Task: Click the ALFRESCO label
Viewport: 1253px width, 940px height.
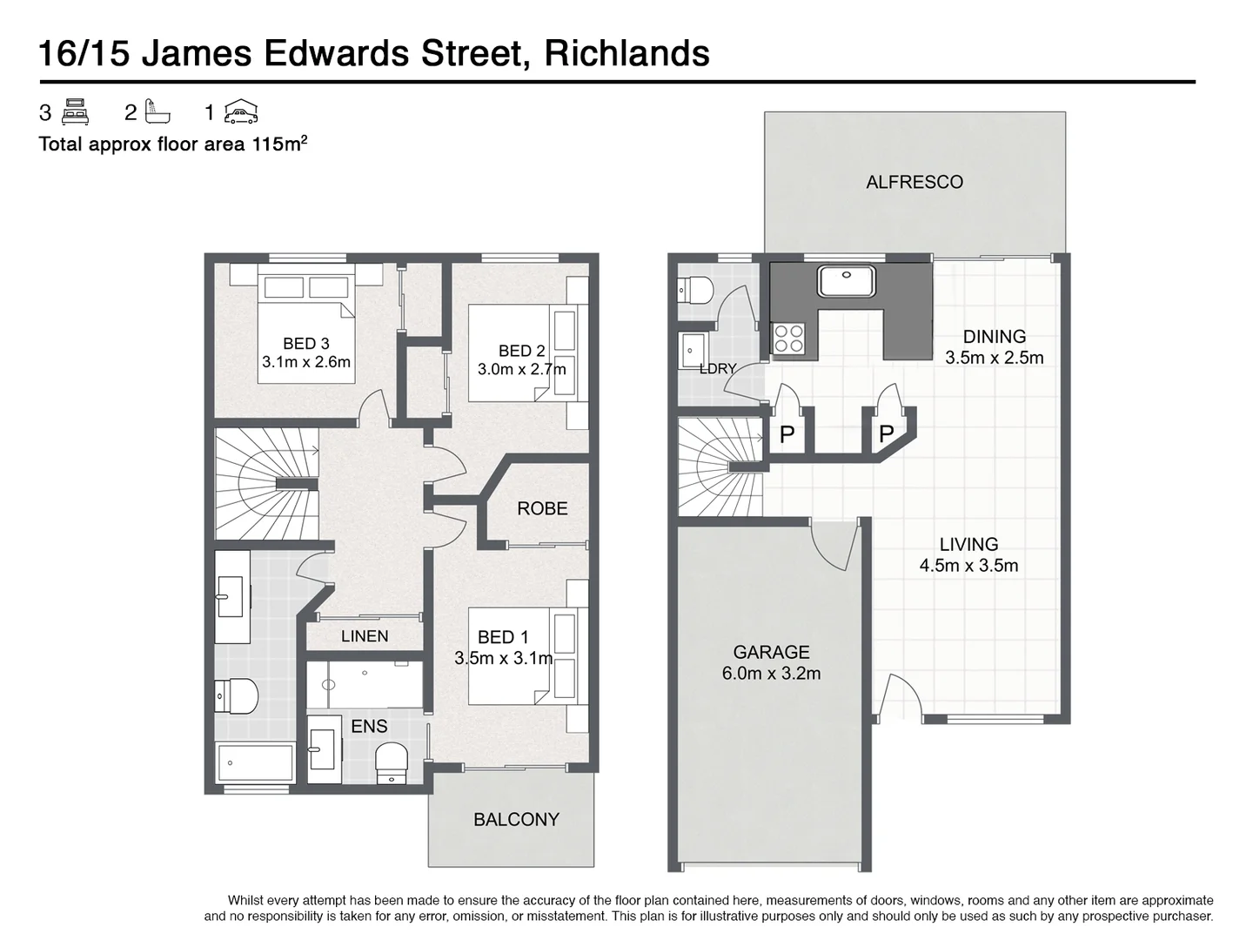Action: [914, 182]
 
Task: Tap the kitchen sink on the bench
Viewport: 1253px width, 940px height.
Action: [845, 282]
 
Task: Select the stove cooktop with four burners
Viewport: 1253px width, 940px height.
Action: [789, 338]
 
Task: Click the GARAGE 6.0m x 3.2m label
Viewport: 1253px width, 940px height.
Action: [771, 662]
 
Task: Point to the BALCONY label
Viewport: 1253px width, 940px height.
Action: [516, 819]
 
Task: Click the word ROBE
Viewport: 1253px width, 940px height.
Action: [542, 508]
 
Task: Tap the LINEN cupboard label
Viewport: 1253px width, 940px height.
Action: [365, 636]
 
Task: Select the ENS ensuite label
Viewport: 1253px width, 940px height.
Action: [369, 726]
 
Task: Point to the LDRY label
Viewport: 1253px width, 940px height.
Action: [718, 368]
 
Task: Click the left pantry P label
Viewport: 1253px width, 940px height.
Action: [787, 434]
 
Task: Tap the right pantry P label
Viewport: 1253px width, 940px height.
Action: [886, 433]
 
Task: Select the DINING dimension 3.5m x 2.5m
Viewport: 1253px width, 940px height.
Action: [995, 358]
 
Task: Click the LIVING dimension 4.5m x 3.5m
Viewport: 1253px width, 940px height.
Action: [968, 566]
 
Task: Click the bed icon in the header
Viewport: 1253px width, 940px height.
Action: [77, 112]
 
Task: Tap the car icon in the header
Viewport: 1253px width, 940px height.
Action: [241, 112]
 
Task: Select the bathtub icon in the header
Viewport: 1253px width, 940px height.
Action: [157, 112]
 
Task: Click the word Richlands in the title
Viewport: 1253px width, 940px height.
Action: [626, 53]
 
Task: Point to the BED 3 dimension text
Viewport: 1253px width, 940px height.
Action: [306, 362]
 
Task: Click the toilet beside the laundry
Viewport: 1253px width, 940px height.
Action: [696, 289]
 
